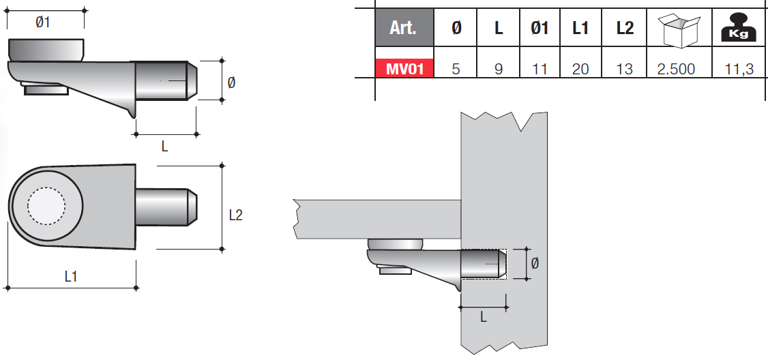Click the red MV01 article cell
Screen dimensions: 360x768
(405, 69)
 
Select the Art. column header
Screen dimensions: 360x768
(404, 29)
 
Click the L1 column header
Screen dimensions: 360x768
(580, 29)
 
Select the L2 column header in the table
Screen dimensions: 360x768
(624, 29)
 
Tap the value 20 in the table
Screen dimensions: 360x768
(580, 70)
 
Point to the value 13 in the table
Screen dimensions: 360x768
(624, 70)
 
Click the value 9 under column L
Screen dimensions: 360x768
(499, 70)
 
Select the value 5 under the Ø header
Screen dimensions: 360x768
(456, 70)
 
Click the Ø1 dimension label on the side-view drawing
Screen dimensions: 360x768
(43, 22)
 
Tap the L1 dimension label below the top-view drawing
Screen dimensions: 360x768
(70, 276)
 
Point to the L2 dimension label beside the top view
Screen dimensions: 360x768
(235, 215)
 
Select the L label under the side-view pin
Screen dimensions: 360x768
(165, 146)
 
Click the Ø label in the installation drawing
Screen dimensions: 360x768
(535, 264)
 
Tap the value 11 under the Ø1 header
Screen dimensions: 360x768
(540, 70)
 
